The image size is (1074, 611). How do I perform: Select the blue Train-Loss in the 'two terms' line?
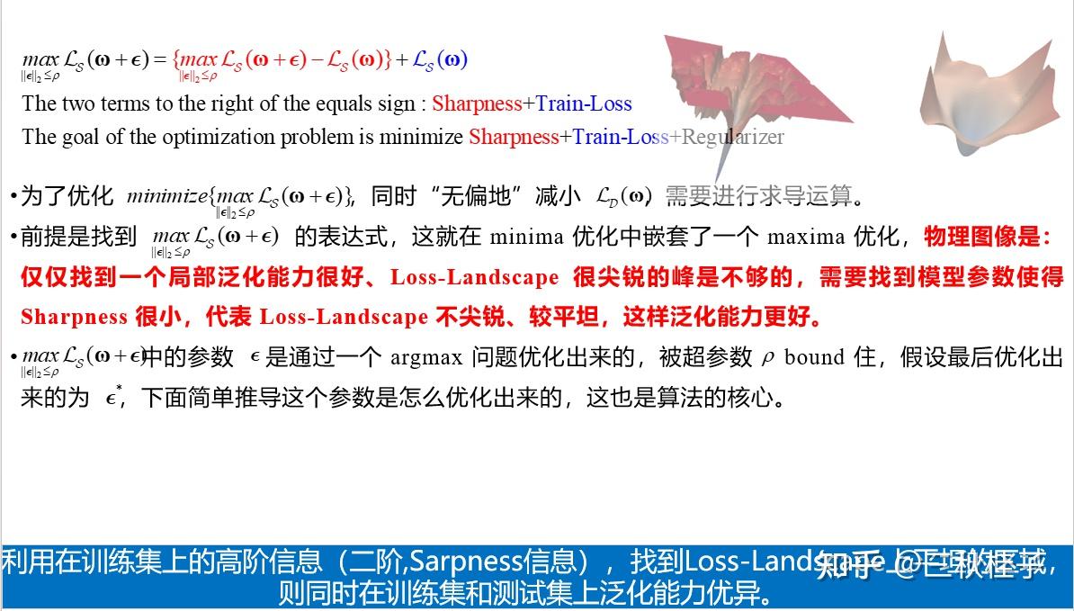pos(584,103)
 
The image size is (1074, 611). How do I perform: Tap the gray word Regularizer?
pos(733,137)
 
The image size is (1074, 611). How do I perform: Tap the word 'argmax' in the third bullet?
pos(425,357)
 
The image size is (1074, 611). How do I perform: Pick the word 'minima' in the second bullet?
pos(521,238)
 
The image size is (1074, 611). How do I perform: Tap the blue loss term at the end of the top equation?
pos(440,59)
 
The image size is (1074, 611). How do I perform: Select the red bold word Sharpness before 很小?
pos(74,317)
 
